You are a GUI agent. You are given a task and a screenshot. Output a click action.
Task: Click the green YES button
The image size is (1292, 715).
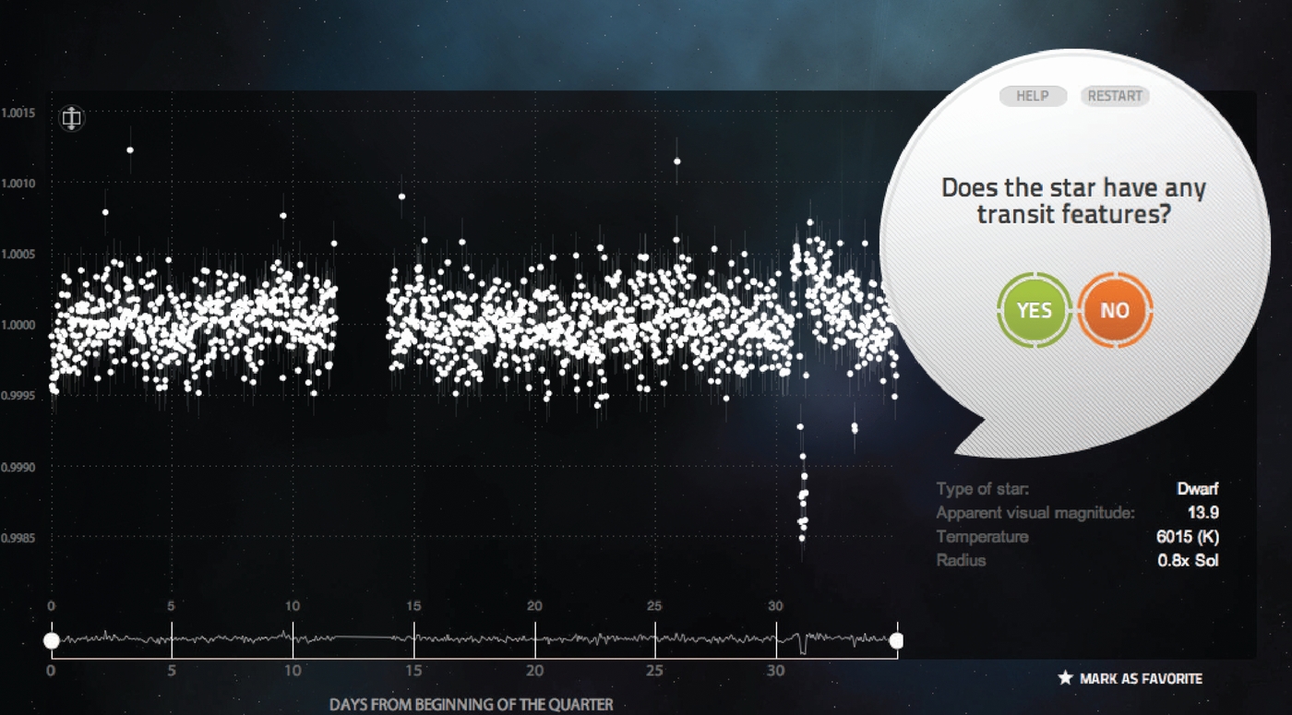pyautogui.click(x=1035, y=310)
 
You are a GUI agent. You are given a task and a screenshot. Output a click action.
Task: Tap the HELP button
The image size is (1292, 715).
pyautogui.click(x=1033, y=96)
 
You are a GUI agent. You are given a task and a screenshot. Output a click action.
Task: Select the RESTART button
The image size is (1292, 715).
pyautogui.click(x=1115, y=96)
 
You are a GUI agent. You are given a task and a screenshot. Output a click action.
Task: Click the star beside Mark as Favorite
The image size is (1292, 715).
pyautogui.click(x=1065, y=678)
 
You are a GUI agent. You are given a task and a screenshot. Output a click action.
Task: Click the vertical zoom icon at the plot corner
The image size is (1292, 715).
pyautogui.click(x=72, y=118)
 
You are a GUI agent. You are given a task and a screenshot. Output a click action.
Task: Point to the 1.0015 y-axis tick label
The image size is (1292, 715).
pyautogui.click(x=18, y=113)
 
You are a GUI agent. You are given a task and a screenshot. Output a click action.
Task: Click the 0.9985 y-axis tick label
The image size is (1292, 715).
pyautogui.click(x=18, y=539)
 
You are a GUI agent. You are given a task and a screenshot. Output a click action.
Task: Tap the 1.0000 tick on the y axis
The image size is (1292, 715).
pyautogui.click(x=18, y=325)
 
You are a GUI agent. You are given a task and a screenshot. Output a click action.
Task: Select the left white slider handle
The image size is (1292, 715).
pyautogui.click(x=52, y=640)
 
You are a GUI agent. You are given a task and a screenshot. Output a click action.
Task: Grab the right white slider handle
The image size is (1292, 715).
pyautogui.click(x=896, y=640)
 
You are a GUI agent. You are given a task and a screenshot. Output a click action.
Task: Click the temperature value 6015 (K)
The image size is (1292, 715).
pyautogui.click(x=1187, y=537)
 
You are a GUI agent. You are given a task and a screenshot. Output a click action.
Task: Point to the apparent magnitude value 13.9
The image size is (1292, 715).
pyautogui.click(x=1202, y=513)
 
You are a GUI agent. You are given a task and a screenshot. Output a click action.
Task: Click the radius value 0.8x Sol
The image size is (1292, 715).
pyautogui.click(x=1188, y=561)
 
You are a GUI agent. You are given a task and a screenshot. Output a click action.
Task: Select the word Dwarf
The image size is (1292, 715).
pyautogui.click(x=1198, y=489)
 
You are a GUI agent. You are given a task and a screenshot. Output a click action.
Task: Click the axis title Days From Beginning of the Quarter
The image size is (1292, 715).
pyautogui.click(x=472, y=705)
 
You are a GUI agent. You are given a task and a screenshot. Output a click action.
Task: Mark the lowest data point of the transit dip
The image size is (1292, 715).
pyautogui.click(x=802, y=539)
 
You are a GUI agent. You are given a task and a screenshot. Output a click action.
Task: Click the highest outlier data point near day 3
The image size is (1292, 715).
pyautogui.click(x=130, y=149)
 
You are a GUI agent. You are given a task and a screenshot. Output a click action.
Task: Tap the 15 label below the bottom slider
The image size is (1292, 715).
pyautogui.click(x=413, y=671)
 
